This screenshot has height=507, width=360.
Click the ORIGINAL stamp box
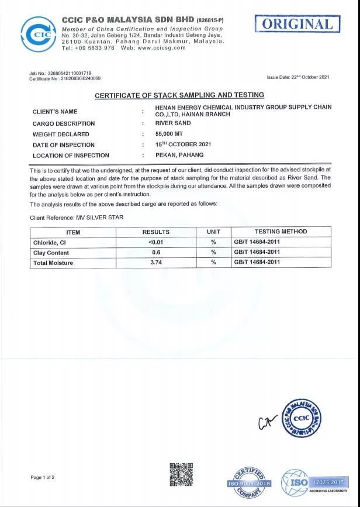click(x=297, y=24)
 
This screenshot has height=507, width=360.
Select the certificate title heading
click(x=179, y=95)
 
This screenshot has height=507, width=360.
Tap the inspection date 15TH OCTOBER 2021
click(x=183, y=144)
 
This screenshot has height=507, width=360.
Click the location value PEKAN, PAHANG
click(x=179, y=155)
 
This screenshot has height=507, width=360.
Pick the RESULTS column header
click(x=156, y=232)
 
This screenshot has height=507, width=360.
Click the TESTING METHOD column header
click(x=281, y=232)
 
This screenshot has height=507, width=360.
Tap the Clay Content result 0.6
click(x=156, y=253)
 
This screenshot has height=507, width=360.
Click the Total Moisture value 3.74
click(x=156, y=263)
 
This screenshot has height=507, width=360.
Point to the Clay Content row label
click(x=51, y=253)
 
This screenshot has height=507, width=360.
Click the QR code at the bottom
click(x=181, y=474)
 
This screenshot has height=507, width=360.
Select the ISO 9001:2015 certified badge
click(x=249, y=483)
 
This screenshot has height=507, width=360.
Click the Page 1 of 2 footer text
click(x=43, y=478)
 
